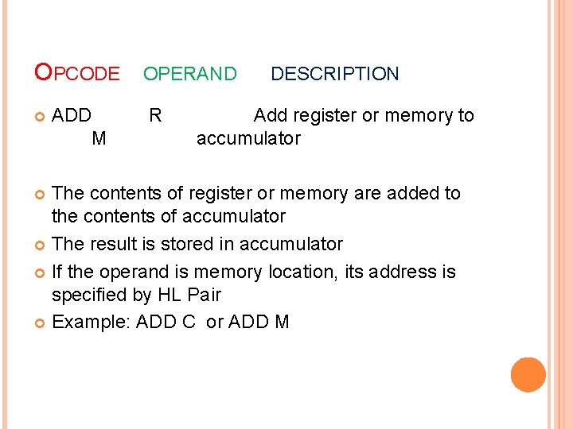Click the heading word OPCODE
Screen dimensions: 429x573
click(77, 74)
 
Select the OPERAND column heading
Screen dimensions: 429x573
click(189, 74)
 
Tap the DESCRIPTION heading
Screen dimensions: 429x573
click(334, 74)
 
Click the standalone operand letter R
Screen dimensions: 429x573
click(155, 115)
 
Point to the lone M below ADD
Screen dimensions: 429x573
click(99, 138)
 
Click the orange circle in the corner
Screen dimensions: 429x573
click(528, 375)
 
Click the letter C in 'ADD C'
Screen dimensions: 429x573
click(189, 322)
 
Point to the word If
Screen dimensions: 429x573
click(58, 272)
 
